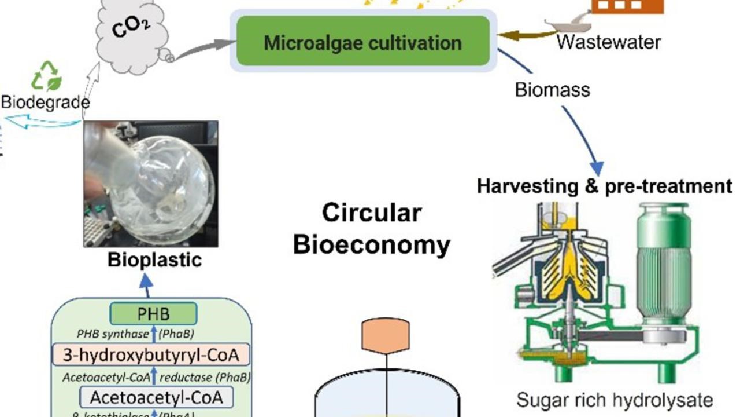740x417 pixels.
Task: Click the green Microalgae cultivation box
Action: (363, 42)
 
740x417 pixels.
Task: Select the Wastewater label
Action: (608, 42)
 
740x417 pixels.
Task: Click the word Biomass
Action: (552, 90)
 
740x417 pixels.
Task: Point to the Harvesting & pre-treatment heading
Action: (605, 186)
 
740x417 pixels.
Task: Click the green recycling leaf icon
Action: (47, 76)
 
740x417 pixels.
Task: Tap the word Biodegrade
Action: (45, 103)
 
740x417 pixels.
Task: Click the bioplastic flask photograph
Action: (151, 184)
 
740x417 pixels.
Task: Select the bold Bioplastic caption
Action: (154, 260)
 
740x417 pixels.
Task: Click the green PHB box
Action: (153, 314)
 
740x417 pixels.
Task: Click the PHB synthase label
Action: (113, 334)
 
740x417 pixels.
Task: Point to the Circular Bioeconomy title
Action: (371, 229)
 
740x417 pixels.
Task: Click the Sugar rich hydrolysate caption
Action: (615, 400)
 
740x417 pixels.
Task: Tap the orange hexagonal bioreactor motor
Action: (386, 335)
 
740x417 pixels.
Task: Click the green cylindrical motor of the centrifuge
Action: (663, 261)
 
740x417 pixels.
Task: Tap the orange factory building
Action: (627, 6)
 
